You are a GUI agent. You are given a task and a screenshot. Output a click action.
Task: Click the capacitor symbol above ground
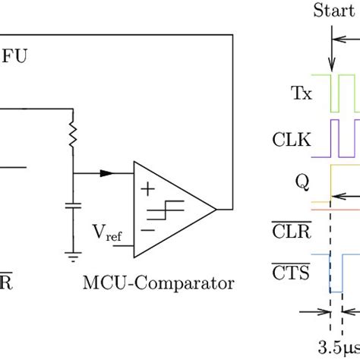(x=73, y=206)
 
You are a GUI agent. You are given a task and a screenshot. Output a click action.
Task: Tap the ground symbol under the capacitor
(x=73, y=255)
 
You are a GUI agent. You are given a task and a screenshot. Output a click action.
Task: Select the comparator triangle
(x=171, y=208)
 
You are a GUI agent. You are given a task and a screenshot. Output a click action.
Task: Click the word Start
(x=334, y=11)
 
